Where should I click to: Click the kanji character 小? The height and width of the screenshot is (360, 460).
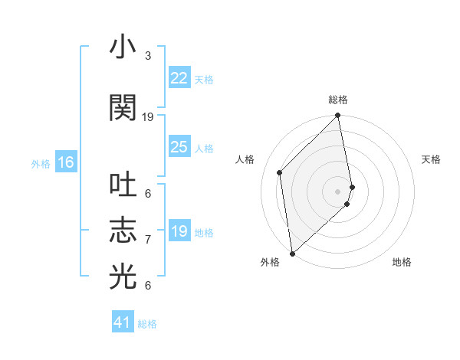click(x=123, y=48)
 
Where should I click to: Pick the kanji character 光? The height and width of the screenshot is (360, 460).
click(x=123, y=277)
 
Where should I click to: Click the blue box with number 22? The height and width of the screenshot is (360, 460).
click(x=179, y=78)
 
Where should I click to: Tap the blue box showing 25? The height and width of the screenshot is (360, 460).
click(x=179, y=147)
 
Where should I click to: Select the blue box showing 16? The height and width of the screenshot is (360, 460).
click(x=65, y=162)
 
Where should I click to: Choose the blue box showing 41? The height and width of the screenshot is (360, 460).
click(x=122, y=322)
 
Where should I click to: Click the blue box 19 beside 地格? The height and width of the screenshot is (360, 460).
click(x=179, y=231)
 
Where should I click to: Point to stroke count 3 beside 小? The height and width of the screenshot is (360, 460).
click(x=148, y=56)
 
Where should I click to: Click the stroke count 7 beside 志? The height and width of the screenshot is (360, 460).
click(x=148, y=240)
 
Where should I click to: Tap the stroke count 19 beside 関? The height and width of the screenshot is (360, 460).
click(x=148, y=117)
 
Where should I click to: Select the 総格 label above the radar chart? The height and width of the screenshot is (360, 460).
click(x=338, y=100)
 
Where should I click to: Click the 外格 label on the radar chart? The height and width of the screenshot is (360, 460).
click(x=270, y=262)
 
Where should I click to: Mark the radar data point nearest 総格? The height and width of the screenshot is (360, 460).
click(x=338, y=116)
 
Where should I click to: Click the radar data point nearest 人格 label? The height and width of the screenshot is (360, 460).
click(x=280, y=172)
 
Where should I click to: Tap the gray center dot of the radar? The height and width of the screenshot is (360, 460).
click(x=338, y=191)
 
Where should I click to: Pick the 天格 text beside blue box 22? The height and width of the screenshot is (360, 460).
click(x=204, y=79)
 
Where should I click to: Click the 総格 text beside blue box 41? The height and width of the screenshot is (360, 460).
click(x=147, y=324)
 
